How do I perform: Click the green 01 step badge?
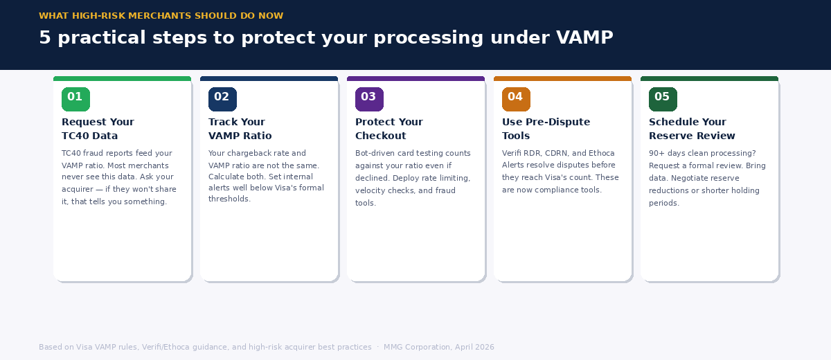point(75,99)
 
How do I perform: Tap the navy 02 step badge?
point(222,99)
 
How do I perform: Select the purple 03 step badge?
point(369,99)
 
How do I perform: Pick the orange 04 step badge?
point(516,99)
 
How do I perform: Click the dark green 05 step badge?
point(663,99)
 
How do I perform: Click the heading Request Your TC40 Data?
point(98,129)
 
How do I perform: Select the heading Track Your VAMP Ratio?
point(240,129)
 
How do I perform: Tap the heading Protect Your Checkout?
point(388,129)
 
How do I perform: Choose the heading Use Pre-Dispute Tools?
point(546,129)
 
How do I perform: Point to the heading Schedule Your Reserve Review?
point(692,129)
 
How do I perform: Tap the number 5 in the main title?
point(45,38)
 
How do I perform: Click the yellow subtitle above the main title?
point(161,16)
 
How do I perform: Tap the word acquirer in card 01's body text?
point(77,189)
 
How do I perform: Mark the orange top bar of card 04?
point(562,79)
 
